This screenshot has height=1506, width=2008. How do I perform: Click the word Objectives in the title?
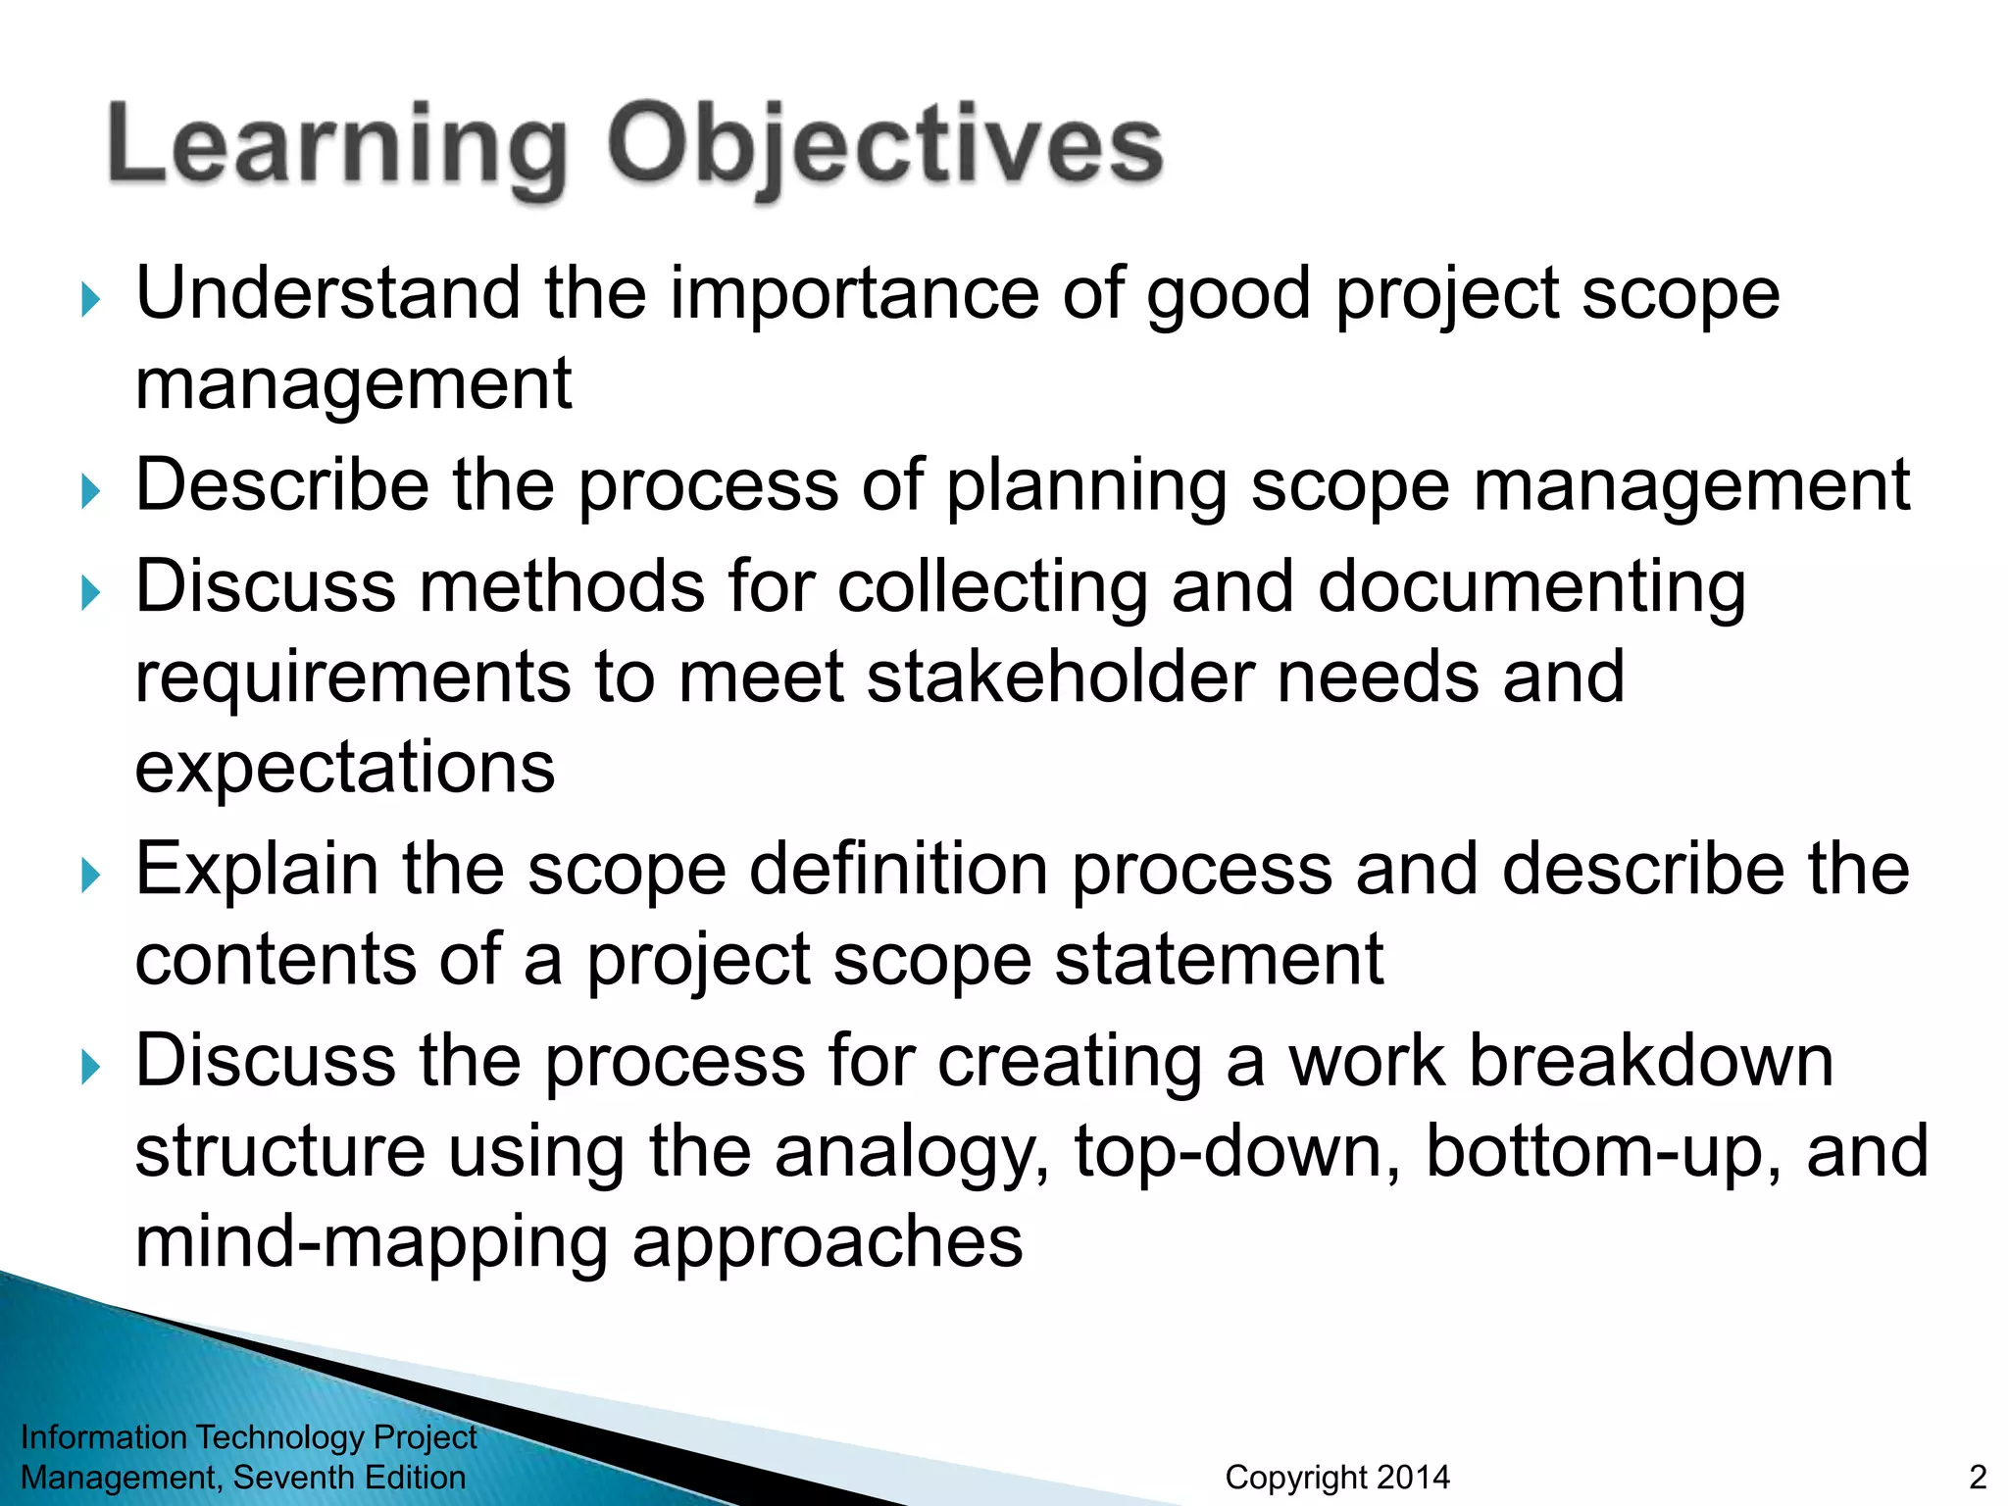(x=884, y=147)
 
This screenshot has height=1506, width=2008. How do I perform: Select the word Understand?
(x=327, y=293)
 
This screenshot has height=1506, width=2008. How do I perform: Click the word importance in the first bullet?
(x=853, y=293)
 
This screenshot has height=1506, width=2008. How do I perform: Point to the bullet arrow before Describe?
(x=90, y=490)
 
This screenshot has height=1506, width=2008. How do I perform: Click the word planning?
(x=1085, y=486)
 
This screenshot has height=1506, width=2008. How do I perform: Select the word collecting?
(x=992, y=586)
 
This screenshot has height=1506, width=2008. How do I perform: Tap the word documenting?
(x=1531, y=586)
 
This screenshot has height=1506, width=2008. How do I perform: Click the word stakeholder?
(x=1059, y=677)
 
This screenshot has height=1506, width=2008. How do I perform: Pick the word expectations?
(x=344, y=767)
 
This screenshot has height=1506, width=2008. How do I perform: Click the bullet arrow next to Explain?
(x=90, y=875)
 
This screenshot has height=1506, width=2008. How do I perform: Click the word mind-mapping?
(x=371, y=1242)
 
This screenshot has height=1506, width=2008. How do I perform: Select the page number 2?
(x=1978, y=1477)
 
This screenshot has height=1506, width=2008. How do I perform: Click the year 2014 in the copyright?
(x=1413, y=1477)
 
